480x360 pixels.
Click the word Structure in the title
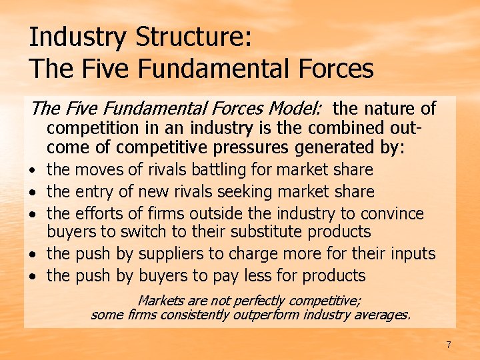tap(193, 37)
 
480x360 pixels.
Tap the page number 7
tap(449, 345)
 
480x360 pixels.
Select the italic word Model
tap(296, 108)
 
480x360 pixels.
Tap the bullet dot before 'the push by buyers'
tap(34, 277)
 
